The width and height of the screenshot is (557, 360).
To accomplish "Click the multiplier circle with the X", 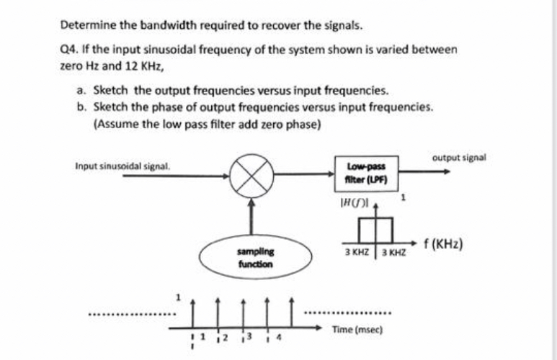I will pos(251,174).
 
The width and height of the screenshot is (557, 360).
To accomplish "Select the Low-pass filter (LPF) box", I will pos(367,174).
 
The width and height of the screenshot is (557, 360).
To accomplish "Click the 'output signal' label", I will pos(459,156).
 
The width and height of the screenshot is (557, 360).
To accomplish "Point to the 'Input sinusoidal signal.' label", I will pos(122,166).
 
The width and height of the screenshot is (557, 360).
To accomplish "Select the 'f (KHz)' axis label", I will pos(442,243).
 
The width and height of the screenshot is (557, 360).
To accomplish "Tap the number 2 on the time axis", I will pos(225,337).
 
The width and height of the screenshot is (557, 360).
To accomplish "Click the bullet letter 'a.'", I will pos(81,91).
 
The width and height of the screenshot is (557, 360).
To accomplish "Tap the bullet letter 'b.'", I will pos(81,107).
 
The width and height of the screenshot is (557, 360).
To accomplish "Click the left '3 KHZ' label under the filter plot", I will pos(357,253).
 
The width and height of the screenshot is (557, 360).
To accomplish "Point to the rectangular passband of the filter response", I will pos(378,229).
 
